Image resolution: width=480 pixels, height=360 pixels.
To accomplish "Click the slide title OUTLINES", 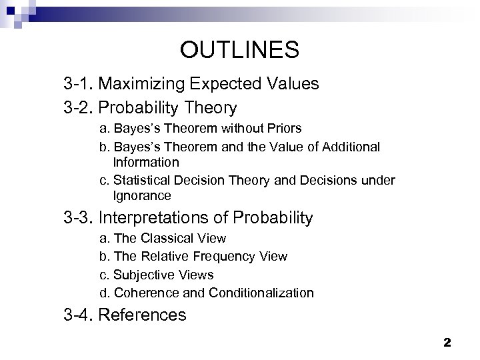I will pyautogui.click(x=239, y=49).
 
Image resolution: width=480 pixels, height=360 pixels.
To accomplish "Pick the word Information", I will pyautogui.click(x=146, y=162).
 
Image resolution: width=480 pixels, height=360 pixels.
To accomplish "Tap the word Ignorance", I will pyautogui.click(x=142, y=196).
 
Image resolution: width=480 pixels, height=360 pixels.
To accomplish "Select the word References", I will pyautogui.click(x=142, y=314).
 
